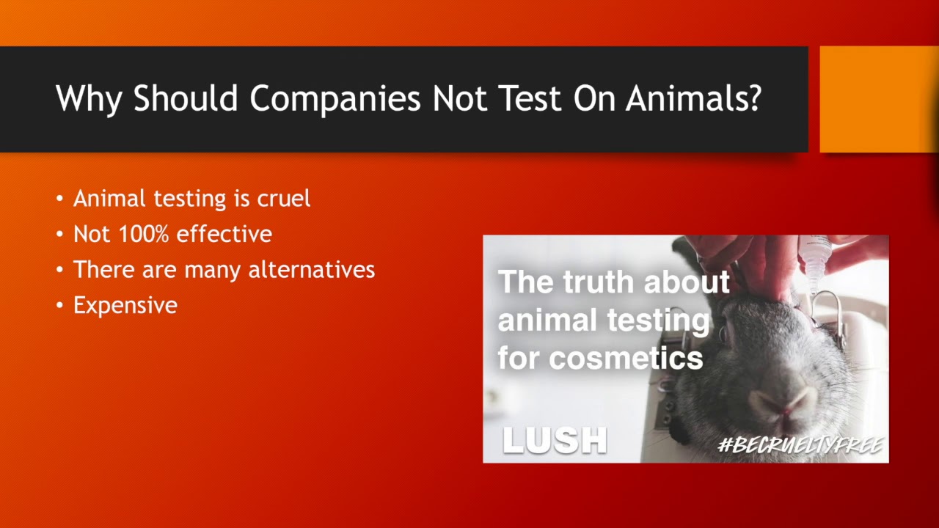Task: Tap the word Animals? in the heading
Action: tap(693, 99)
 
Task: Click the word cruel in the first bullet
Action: tap(284, 199)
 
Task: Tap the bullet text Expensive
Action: tap(125, 305)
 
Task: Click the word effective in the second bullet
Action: tap(224, 234)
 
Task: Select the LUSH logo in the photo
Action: tap(555, 440)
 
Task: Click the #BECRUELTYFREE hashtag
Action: tap(800, 444)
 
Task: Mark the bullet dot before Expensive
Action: tap(59, 306)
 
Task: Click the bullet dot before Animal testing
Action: tap(59, 199)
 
